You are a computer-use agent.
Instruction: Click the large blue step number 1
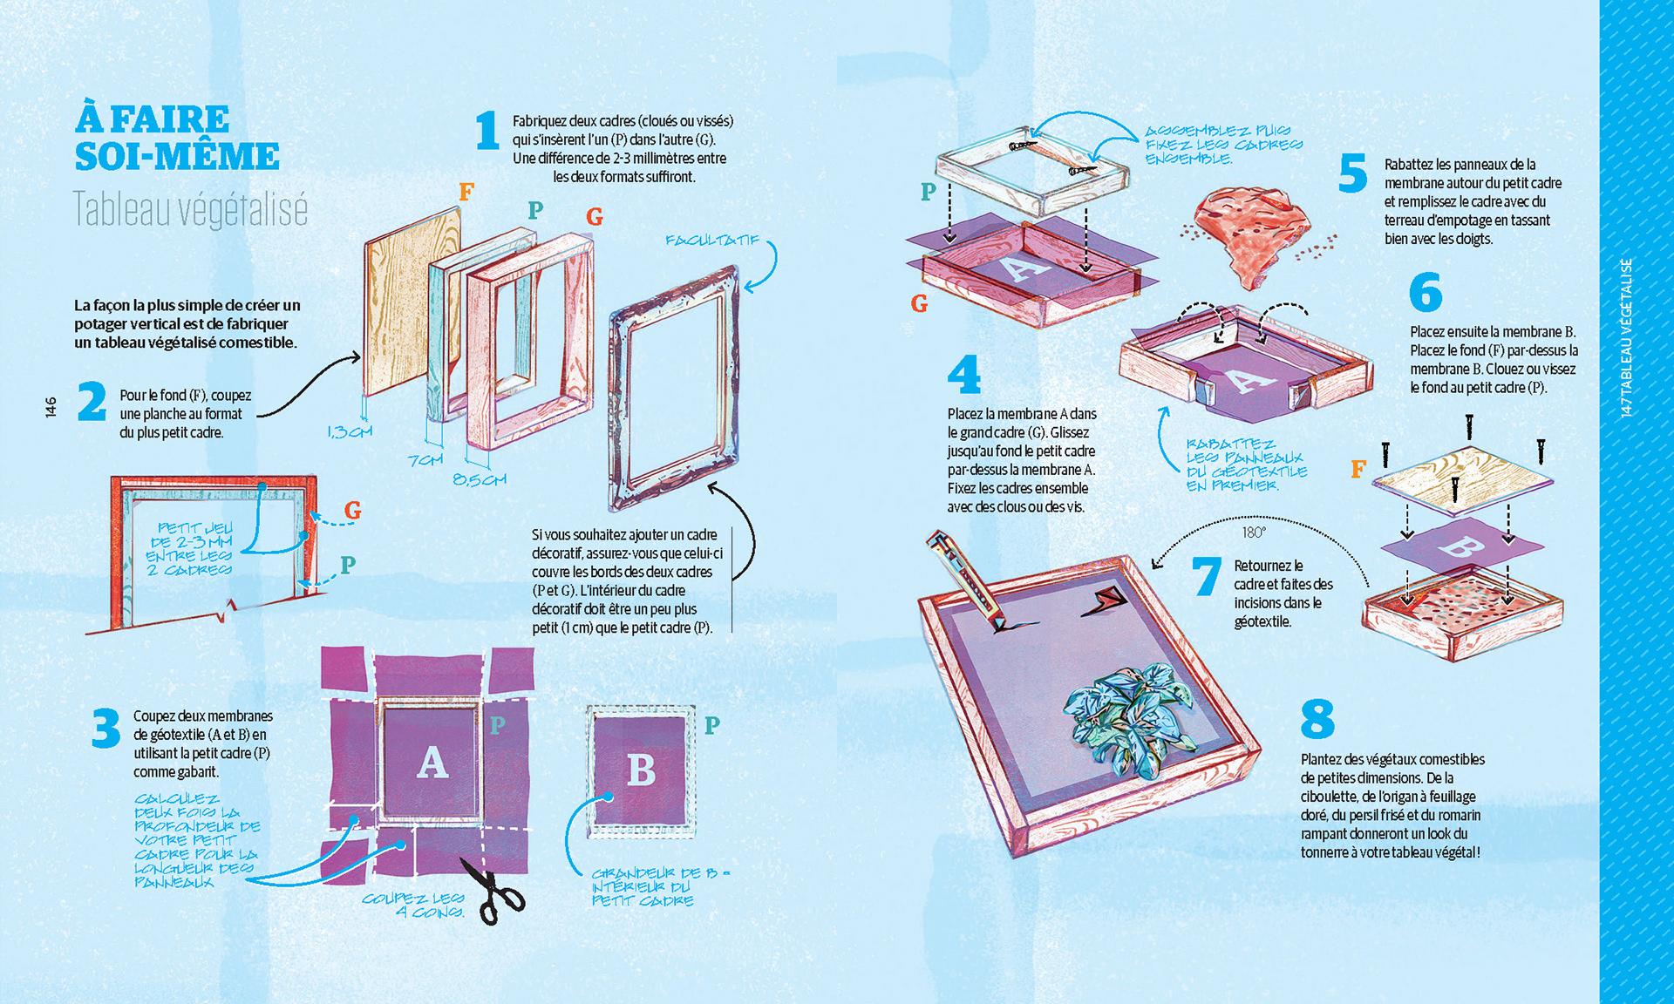[x=487, y=131]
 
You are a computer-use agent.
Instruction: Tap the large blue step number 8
[x=1317, y=719]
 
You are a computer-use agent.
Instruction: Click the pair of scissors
[x=494, y=891]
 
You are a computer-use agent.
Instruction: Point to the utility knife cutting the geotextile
[x=968, y=580]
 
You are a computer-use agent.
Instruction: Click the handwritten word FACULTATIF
[x=712, y=241]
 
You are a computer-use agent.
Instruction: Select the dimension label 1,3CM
[x=349, y=432]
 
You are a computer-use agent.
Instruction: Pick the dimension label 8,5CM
[x=480, y=479]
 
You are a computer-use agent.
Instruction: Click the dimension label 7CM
[x=425, y=459]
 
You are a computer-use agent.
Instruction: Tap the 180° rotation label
[x=1254, y=533]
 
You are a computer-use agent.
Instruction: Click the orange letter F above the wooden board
[x=466, y=192]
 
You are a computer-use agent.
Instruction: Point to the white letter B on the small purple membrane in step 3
[x=641, y=770]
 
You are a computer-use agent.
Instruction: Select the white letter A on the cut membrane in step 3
[x=432, y=763]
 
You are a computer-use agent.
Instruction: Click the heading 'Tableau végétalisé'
[x=190, y=210]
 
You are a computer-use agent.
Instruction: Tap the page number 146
[x=51, y=407]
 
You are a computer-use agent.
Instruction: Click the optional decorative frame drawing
[x=674, y=388]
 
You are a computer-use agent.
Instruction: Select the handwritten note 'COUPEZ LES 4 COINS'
[x=414, y=905]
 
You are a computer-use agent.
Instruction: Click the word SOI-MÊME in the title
[x=177, y=157]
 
